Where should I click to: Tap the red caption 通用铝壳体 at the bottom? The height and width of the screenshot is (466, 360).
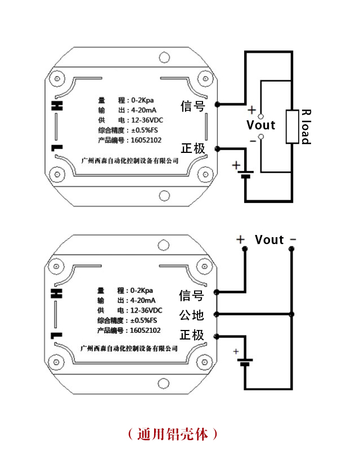pyautogui.click(x=171, y=433)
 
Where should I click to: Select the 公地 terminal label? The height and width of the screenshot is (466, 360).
pyautogui.click(x=191, y=314)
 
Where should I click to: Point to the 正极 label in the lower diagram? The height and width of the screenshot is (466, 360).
pyautogui.click(x=191, y=336)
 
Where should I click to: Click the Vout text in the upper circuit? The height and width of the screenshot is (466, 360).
pyautogui.click(x=261, y=125)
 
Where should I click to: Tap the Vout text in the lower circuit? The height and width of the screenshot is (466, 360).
pyautogui.click(x=269, y=240)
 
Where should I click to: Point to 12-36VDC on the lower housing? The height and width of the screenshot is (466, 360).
pyautogui.click(x=146, y=310)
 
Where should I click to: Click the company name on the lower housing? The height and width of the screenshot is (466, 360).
pyautogui.click(x=130, y=349)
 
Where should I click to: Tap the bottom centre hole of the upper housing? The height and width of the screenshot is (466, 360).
pyautogui.click(x=164, y=196)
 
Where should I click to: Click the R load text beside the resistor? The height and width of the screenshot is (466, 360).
pyautogui.click(x=306, y=126)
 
